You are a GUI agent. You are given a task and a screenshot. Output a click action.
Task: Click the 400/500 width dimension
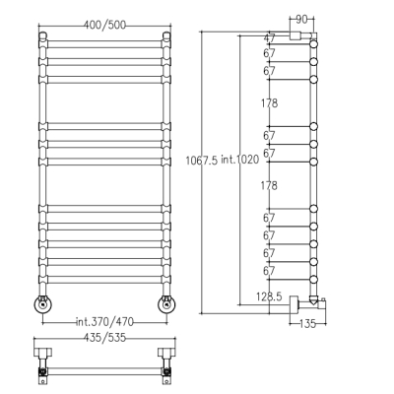pyautogui.click(x=104, y=25)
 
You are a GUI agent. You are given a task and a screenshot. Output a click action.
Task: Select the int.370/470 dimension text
pyautogui.click(x=104, y=322)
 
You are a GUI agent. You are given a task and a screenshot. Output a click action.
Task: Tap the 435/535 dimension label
pyautogui.click(x=104, y=338)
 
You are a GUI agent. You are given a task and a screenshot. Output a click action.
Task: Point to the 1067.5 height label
pyautogui.click(x=202, y=161)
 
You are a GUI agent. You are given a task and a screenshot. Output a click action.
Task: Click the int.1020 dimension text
pyautogui.click(x=239, y=160)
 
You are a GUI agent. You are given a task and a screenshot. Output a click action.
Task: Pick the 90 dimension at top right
pyautogui.click(x=301, y=20)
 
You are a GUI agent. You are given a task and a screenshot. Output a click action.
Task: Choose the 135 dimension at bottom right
pyautogui.click(x=307, y=324)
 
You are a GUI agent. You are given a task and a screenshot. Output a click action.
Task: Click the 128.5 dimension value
pyautogui.click(x=269, y=296)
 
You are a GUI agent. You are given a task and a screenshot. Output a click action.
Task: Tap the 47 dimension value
pyautogui.click(x=269, y=38)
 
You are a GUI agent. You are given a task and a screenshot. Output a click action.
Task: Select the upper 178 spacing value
pyautogui.click(x=270, y=103)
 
